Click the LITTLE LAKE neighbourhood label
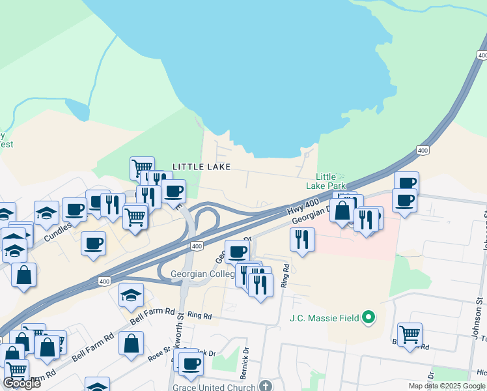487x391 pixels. tap(201, 167)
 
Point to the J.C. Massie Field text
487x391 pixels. tap(324, 319)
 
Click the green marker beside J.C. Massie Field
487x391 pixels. tap(369, 318)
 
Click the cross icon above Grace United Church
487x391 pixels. tap(266, 385)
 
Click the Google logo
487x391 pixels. tap(21, 383)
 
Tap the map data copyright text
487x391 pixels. tap(447, 386)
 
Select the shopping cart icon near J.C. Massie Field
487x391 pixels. tap(410, 334)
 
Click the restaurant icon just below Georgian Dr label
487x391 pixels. tap(302, 239)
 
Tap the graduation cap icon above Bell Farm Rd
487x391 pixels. tap(131, 295)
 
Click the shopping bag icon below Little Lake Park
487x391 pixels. tap(342, 210)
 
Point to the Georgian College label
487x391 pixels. tap(202, 274)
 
